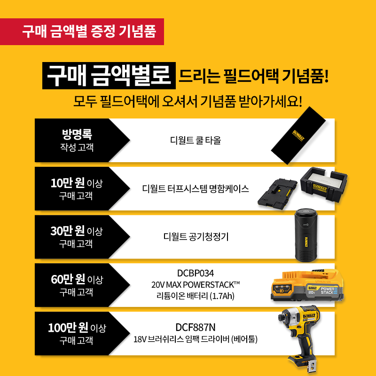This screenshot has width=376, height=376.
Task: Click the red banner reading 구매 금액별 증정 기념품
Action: pos(82,31)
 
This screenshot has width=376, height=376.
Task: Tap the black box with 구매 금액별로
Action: pos(109,76)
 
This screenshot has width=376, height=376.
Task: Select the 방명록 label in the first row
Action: pos(77,134)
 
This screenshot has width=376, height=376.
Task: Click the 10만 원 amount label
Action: pos(68,183)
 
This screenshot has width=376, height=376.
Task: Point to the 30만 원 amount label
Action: pos(68,231)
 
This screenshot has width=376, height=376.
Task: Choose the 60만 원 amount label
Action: pos(68,279)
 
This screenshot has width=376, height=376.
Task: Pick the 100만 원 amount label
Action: pos(68,327)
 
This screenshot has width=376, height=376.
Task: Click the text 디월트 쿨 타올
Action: pos(196,140)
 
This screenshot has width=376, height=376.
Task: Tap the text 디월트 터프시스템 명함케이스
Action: pos(196,189)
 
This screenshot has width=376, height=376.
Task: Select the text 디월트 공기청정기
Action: pos(196,237)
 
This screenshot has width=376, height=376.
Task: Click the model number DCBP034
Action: pos(196,273)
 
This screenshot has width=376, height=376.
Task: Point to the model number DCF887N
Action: pos(196,327)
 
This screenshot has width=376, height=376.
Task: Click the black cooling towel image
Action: pos(298,135)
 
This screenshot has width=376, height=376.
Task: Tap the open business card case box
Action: pos(324,184)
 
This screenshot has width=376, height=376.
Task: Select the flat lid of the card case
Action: pos(277,194)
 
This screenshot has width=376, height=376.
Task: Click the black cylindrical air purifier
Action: pos(305,235)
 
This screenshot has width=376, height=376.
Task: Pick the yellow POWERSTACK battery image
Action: pos(307,285)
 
